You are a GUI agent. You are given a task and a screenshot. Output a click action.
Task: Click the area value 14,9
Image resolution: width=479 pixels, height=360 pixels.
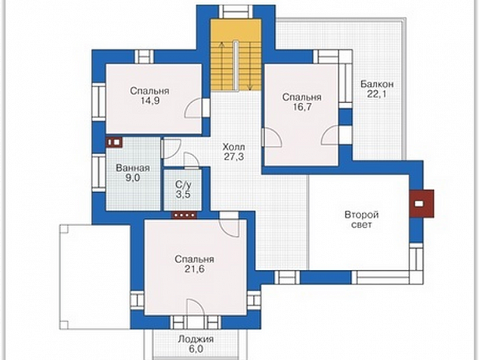coord(150,101)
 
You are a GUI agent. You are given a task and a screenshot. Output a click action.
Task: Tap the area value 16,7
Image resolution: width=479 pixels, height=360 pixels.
coord(301,107)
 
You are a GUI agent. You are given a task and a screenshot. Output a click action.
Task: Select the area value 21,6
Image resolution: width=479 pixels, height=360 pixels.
coord(194,269)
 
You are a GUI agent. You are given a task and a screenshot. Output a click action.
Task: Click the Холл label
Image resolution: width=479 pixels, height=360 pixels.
coord(233,147)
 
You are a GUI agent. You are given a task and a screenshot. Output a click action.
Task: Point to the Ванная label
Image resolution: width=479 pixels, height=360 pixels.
coord(133,168)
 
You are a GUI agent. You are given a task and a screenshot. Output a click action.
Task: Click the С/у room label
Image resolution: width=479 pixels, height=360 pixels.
coord(184,185)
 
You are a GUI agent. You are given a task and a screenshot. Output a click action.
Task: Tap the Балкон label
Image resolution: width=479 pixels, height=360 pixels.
coord(377,84)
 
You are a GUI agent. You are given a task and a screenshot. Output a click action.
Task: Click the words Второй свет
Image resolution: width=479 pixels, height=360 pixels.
coord(362,219)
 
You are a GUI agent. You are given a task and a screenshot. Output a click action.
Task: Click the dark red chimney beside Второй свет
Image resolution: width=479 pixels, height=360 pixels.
coord(422,203)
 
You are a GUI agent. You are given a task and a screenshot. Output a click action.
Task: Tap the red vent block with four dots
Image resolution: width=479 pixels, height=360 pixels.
coord(184,216)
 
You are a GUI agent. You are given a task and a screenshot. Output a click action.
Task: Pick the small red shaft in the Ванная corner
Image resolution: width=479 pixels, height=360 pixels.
coord(114,142)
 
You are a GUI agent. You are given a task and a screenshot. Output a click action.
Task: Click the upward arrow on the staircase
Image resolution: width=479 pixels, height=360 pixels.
coord(222,65)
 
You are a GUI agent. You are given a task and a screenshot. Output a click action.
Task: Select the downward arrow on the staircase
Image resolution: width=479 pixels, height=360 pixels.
coord(250,67)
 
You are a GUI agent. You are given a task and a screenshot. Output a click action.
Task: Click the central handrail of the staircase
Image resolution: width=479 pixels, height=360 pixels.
coord(236,65)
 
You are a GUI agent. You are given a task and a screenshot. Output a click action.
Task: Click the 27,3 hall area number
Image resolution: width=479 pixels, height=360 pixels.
coord(233,157)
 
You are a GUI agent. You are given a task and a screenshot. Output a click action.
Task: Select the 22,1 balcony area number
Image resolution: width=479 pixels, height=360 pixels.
coord(377,94)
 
